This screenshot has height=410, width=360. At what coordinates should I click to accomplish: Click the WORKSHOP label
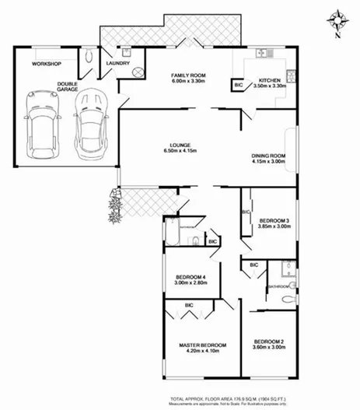click(x=46, y=63)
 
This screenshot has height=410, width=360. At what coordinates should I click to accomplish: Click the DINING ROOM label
click(x=269, y=156)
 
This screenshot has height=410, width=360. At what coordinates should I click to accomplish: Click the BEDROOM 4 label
click(x=190, y=278)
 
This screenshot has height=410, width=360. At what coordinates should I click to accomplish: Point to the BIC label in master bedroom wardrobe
click(x=188, y=305)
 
